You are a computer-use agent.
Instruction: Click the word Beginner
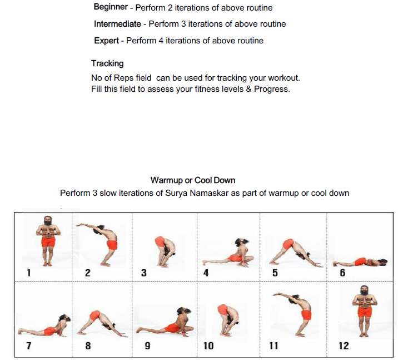[x=111, y=8]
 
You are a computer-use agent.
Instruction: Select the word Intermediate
[x=117, y=24]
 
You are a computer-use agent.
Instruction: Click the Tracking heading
[x=107, y=63]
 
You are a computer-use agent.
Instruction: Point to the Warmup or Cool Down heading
[x=193, y=180]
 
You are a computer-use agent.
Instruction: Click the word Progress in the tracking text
[x=272, y=88]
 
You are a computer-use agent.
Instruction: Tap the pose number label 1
[x=28, y=273]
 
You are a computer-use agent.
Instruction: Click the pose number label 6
[x=342, y=273]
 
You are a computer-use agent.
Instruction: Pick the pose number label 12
[x=344, y=346]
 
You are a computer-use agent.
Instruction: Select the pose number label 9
[x=147, y=346]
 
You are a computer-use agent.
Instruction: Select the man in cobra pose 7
[x=44, y=328]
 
